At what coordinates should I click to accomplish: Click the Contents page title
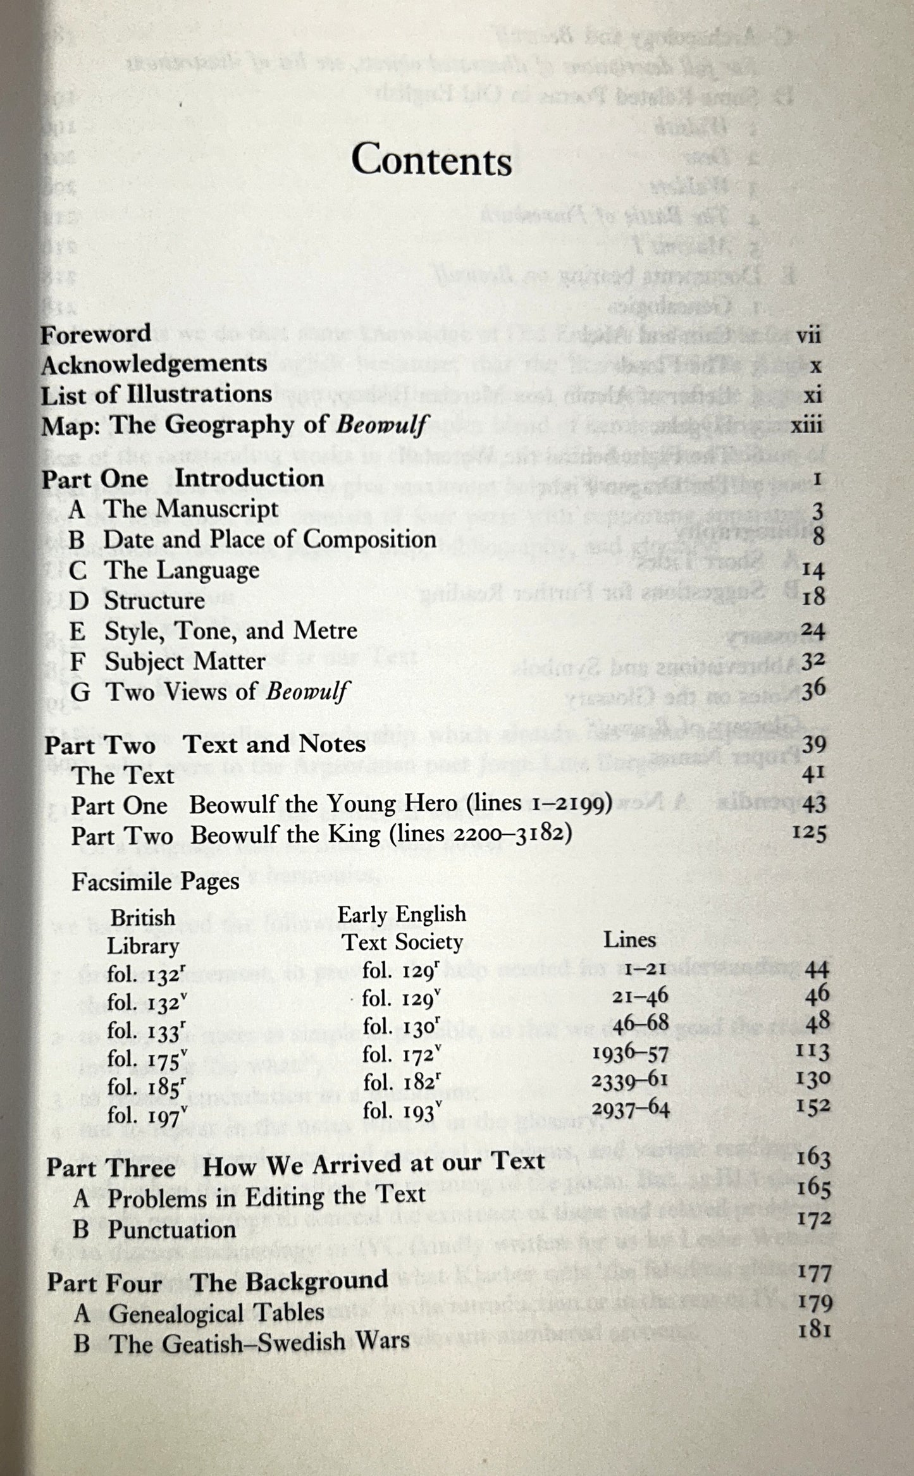(431, 161)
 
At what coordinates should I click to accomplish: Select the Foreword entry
(96, 334)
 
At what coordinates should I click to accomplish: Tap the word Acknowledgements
(154, 364)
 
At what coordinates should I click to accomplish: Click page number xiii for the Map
(806, 425)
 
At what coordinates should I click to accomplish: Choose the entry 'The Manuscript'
(190, 509)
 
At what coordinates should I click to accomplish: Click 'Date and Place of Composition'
(269, 539)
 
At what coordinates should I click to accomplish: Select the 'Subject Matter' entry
(185, 661)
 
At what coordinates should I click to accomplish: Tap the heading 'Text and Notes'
(275, 744)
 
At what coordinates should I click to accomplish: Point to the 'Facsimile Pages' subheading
(156, 882)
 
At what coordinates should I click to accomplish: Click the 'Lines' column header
(629, 940)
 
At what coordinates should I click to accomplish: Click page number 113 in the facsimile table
(811, 1051)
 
